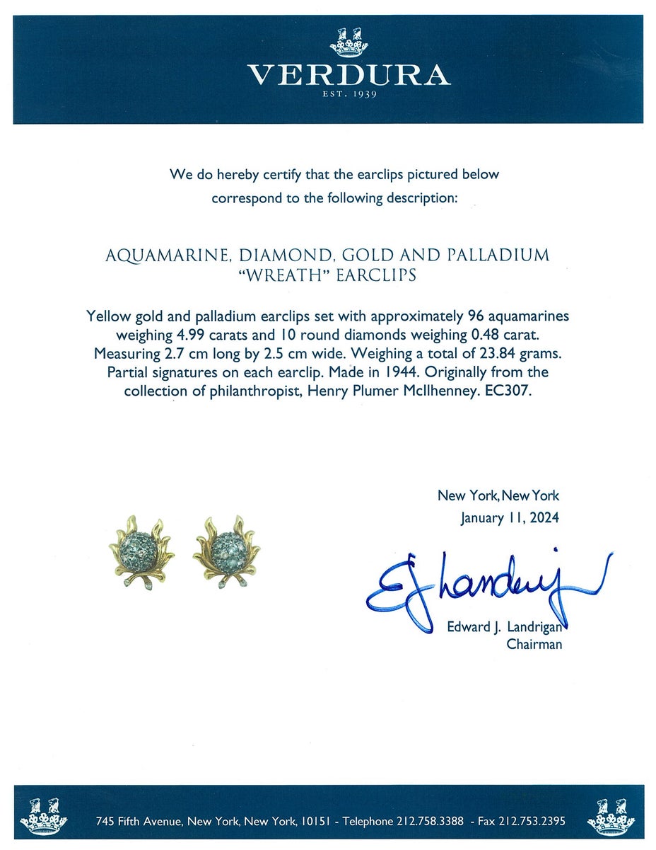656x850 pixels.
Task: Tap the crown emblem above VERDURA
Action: point(348,42)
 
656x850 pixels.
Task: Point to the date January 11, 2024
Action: point(509,517)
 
